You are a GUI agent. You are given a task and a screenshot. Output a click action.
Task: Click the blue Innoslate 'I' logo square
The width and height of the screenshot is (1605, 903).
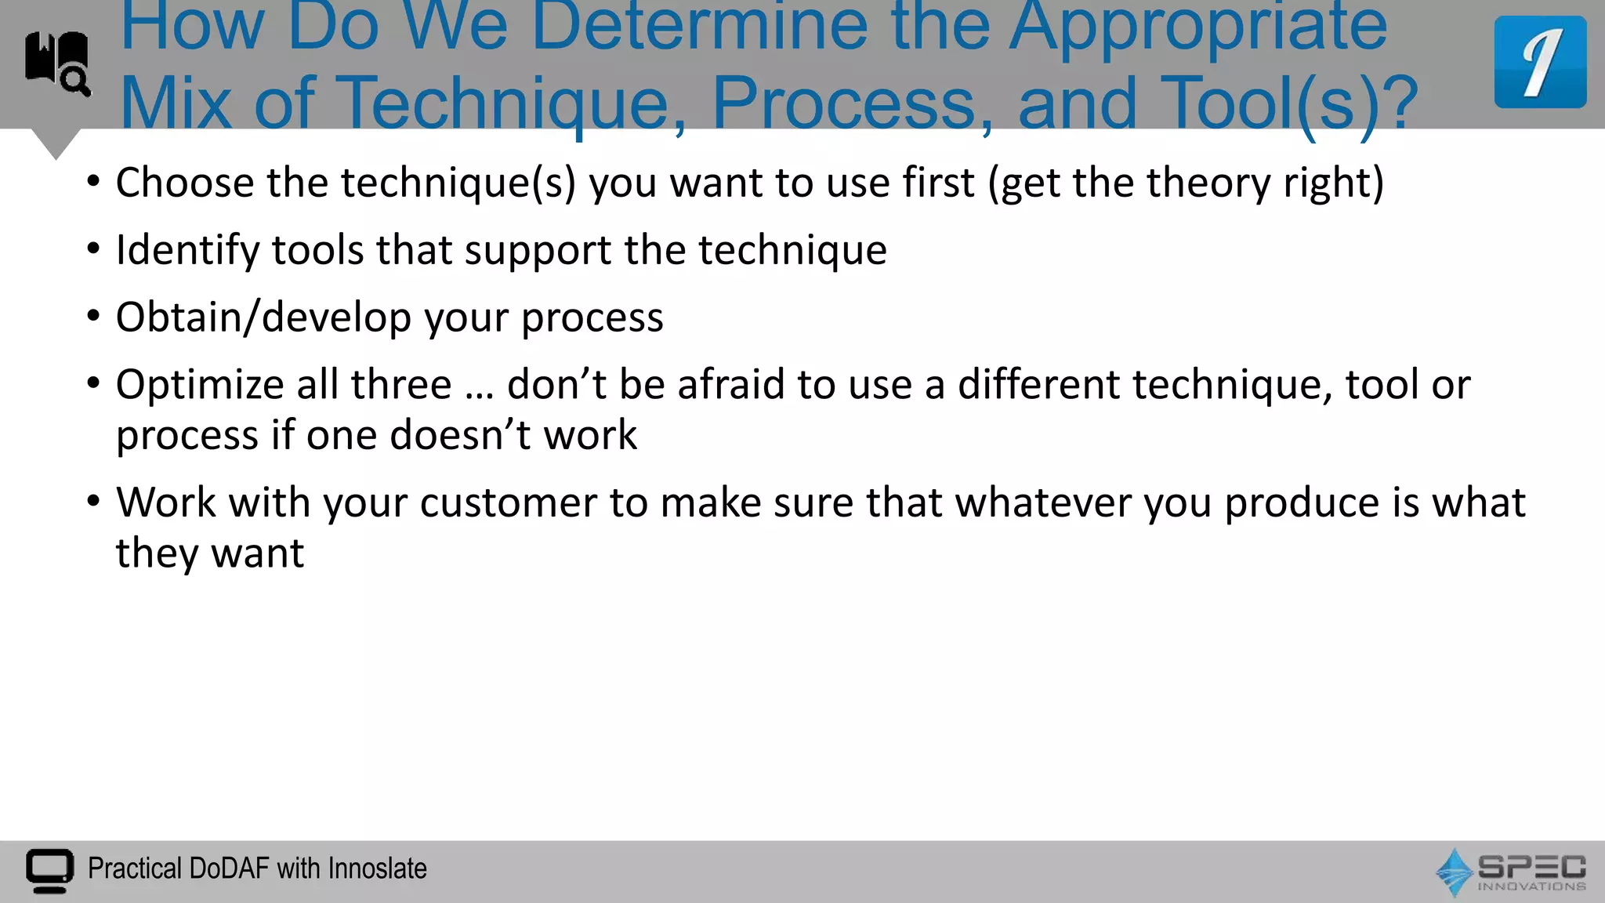point(1539,62)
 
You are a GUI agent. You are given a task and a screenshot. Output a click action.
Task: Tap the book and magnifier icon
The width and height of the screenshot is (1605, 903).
point(57,63)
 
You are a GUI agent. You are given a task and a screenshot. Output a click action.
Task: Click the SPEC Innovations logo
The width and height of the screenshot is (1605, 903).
point(1510,872)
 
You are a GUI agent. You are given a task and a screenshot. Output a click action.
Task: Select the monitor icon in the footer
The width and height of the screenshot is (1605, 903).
point(49,870)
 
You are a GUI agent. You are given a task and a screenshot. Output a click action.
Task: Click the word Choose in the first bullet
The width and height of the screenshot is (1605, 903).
point(185,183)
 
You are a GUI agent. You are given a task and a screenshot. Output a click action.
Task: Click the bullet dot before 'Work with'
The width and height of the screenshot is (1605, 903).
point(94,501)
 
